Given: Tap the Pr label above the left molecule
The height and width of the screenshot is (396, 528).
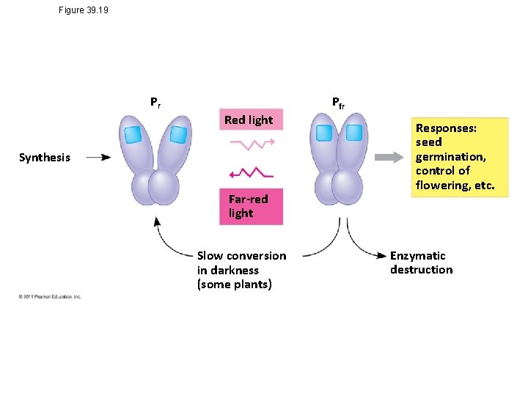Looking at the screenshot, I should coord(155,103).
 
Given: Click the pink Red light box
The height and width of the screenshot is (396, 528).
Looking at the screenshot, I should coord(249,120).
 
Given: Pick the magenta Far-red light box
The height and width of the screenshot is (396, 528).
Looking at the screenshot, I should coord(251,206).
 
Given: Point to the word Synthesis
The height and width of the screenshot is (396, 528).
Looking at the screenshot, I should coord(45,157).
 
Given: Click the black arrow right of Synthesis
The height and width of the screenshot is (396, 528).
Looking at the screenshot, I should coord(98,157).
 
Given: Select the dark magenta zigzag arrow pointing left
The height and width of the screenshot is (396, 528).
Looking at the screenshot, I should coord(251,173).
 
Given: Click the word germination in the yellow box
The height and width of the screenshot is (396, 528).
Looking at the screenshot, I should coord(449,157).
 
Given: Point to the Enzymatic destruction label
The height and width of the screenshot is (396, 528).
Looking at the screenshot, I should coord(421,263).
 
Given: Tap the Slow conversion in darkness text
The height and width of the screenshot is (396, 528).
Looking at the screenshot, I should coord(241,270).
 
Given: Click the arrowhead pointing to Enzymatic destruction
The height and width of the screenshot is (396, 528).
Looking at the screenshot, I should coord(382,255).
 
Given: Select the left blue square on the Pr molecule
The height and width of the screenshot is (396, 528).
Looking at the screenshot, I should coord(132,135).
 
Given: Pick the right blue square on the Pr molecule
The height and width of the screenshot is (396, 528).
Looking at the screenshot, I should coord(178,134).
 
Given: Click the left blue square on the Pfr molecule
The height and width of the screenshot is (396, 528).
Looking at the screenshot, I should coord(323,133).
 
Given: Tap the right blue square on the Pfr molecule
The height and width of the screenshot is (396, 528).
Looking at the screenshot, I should coord(354,133).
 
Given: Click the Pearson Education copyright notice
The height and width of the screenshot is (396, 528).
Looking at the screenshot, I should coord(50,296).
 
